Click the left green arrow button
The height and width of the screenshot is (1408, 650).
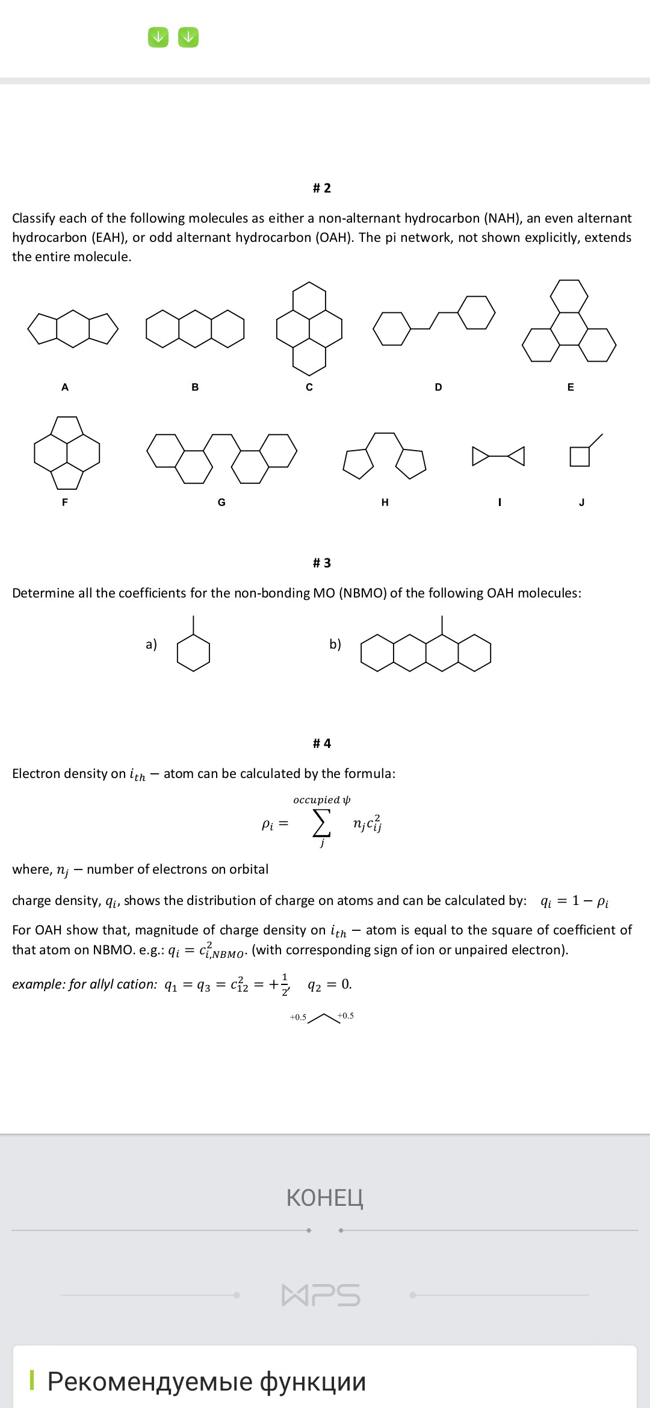(158, 37)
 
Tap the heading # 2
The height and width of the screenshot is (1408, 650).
(322, 188)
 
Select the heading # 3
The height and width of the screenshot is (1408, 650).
(322, 563)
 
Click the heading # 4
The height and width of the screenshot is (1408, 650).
(322, 744)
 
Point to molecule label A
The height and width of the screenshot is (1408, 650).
(65, 388)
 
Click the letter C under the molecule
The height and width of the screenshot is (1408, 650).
(309, 388)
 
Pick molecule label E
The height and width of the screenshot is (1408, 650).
(571, 388)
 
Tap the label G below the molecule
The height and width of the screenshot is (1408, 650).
(221, 502)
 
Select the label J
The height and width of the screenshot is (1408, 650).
(581, 502)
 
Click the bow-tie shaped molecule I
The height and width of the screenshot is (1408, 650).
(498, 456)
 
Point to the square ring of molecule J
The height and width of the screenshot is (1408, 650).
(580, 457)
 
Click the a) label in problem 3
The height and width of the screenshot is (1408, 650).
(151, 644)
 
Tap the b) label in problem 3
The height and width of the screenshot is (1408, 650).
(335, 644)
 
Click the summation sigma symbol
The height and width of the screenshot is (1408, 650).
(321, 823)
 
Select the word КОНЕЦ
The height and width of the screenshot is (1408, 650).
(325, 1197)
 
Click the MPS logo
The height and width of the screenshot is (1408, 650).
(321, 1295)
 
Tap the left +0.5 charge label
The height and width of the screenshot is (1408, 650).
(298, 1017)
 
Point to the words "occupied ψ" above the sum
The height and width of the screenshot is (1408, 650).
(321, 800)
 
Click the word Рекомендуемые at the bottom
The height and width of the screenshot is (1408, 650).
(150, 1382)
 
